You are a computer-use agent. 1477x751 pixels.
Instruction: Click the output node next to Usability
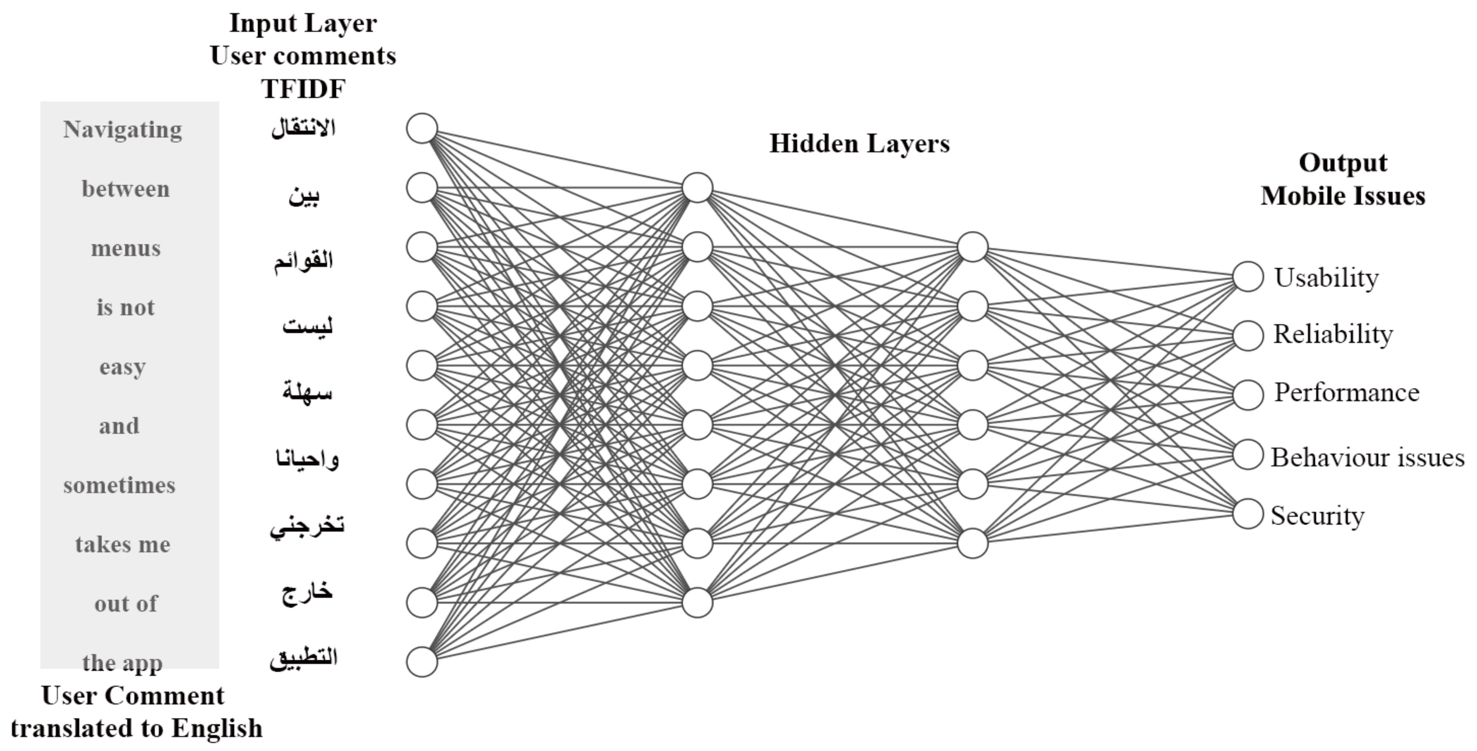point(1248,276)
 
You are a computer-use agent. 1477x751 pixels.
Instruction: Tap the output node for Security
point(1248,513)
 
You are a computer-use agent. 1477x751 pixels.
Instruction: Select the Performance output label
point(1346,393)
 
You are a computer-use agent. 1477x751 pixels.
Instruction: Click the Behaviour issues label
point(1367,458)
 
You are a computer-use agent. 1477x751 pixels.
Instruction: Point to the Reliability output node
point(1248,335)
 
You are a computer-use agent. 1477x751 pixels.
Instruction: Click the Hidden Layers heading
point(859,143)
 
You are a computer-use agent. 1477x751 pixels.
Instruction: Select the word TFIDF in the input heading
point(303,89)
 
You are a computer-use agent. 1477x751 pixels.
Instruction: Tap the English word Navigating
point(123,130)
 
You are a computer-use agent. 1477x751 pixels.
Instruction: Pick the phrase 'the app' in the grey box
point(122,663)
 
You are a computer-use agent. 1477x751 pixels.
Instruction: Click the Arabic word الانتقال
point(303,127)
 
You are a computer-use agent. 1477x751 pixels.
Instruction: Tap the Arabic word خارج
point(307,592)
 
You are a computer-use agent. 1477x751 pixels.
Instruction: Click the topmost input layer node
point(422,128)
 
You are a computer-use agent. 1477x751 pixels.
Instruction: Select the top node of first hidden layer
point(697,187)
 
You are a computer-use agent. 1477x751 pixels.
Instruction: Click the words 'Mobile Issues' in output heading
point(1343,196)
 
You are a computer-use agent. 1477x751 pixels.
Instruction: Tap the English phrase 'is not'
point(125,308)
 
